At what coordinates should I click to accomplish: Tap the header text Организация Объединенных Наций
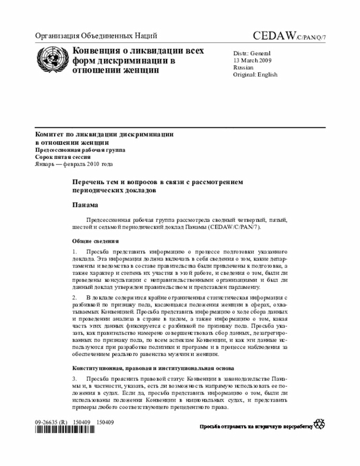pyautogui.click(x=96, y=37)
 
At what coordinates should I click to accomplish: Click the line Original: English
pyautogui.click(x=255, y=74)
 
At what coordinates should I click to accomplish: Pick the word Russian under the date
pyautogui.click(x=244, y=68)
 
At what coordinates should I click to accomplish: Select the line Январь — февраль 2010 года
pyautogui.click(x=74, y=164)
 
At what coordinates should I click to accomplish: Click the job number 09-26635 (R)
pyautogui.click(x=51, y=421)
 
